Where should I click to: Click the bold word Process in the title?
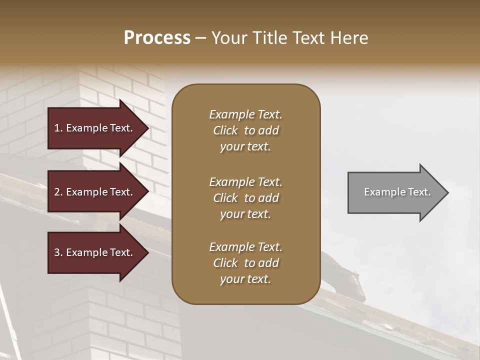(157, 37)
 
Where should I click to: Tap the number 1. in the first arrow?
(58, 128)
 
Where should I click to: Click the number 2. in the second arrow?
(58, 192)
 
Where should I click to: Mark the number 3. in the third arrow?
(58, 252)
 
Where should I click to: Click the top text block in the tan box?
(245, 130)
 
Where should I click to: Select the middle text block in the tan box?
(245, 198)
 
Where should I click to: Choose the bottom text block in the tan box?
(245, 263)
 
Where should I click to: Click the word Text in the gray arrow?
(419, 192)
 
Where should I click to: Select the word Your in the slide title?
(227, 37)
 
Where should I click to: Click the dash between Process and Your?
(200, 38)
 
